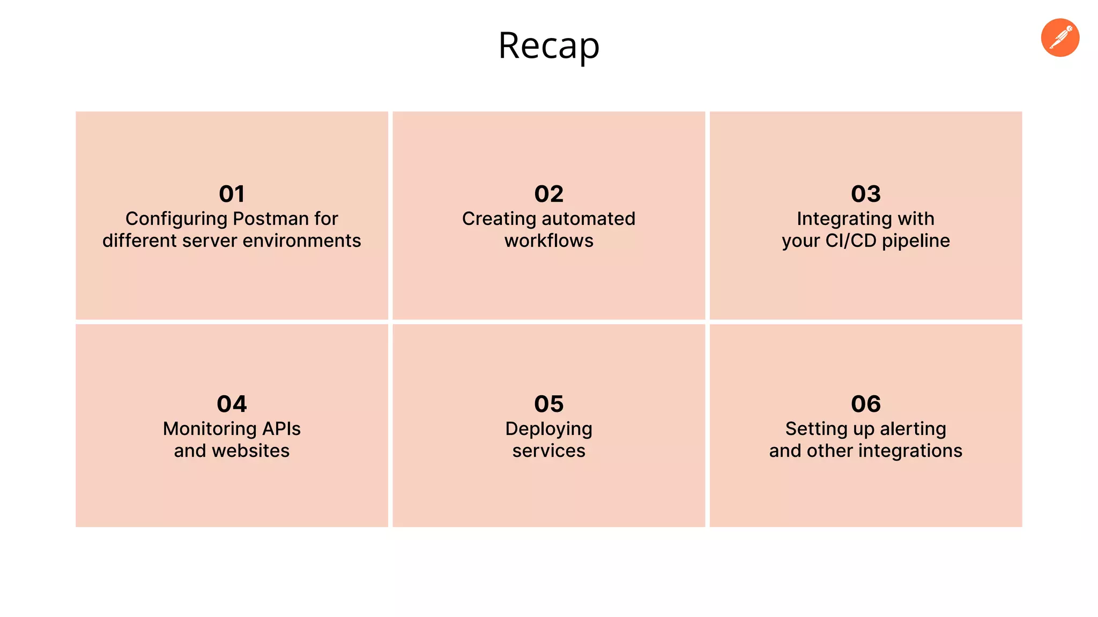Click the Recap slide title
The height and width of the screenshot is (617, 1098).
click(x=548, y=46)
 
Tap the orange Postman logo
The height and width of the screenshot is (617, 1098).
click(x=1060, y=37)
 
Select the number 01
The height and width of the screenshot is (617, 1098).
click(x=232, y=194)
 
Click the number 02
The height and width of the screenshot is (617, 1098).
click(x=548, y=194)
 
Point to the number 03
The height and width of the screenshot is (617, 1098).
click(x=865, y=194)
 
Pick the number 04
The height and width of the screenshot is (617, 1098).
click(x=232, y=404)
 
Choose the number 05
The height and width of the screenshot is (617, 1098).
click(x=548, y=404)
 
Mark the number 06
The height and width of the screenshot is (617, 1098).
click(x=865, y=404)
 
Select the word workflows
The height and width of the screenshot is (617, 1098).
click(x=548, y=241)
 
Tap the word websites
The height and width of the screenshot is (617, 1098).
click(x=250, y=451)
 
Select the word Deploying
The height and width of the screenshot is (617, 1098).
click(x=548, y=430)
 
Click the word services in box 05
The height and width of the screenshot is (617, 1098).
click(x=548, y=451)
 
